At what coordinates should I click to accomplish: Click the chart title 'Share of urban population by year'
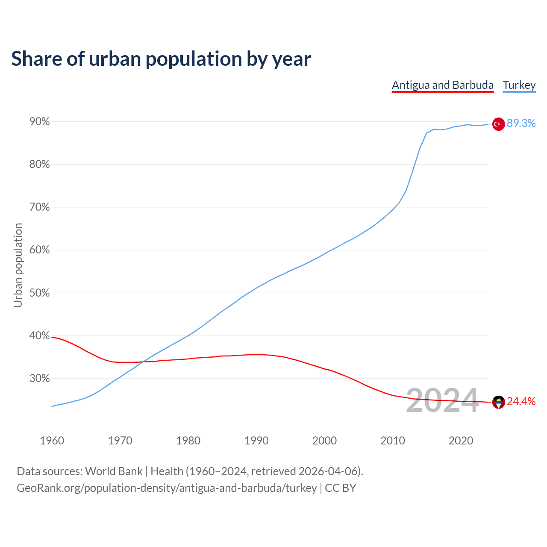pyautogui.click(x=161, y=59)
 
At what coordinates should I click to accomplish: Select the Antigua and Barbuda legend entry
pyautogui.click(x=443, y=85)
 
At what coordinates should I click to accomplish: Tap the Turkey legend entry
pyautogui.click(x=519, y=85)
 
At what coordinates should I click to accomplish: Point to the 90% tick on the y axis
pyautogui.click(x=39, y=122)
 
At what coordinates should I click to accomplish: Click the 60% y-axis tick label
pyautogui.click(x=39, y=250)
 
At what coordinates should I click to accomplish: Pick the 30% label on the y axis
pyautogui.click(x=39, y=379)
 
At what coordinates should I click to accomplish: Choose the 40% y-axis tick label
pyautogui.click(x=39, y=336)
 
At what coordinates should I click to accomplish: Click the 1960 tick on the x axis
pyautogui.click(x=52, y=441)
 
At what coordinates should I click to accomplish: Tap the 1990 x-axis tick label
pyautogui.click(x=256, y=441)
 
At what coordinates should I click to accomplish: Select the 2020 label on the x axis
pyautogui.click(x=461, y=441)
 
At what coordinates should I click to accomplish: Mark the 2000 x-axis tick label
pyautogui.click(x=324, y=441)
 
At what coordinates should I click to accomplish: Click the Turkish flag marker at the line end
pyautogui.click(x=498, y=124)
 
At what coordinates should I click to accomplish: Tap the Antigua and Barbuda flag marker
pyautogui.click(x=498, y=402)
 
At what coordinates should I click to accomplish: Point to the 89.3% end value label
pyautogui.click(x=521, y=124)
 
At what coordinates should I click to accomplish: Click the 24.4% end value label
pyautogui.click(x=521, y=402)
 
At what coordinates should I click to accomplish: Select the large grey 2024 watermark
pyautogui.click(x=442, y=400)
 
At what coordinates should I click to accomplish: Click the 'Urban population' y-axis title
pyautogui.click(x=18, y=265)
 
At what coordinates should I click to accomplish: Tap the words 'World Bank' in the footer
pyautogui.click(x=114, y=471)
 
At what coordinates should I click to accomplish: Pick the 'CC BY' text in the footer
pyautogui.click(x=341, y=488)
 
